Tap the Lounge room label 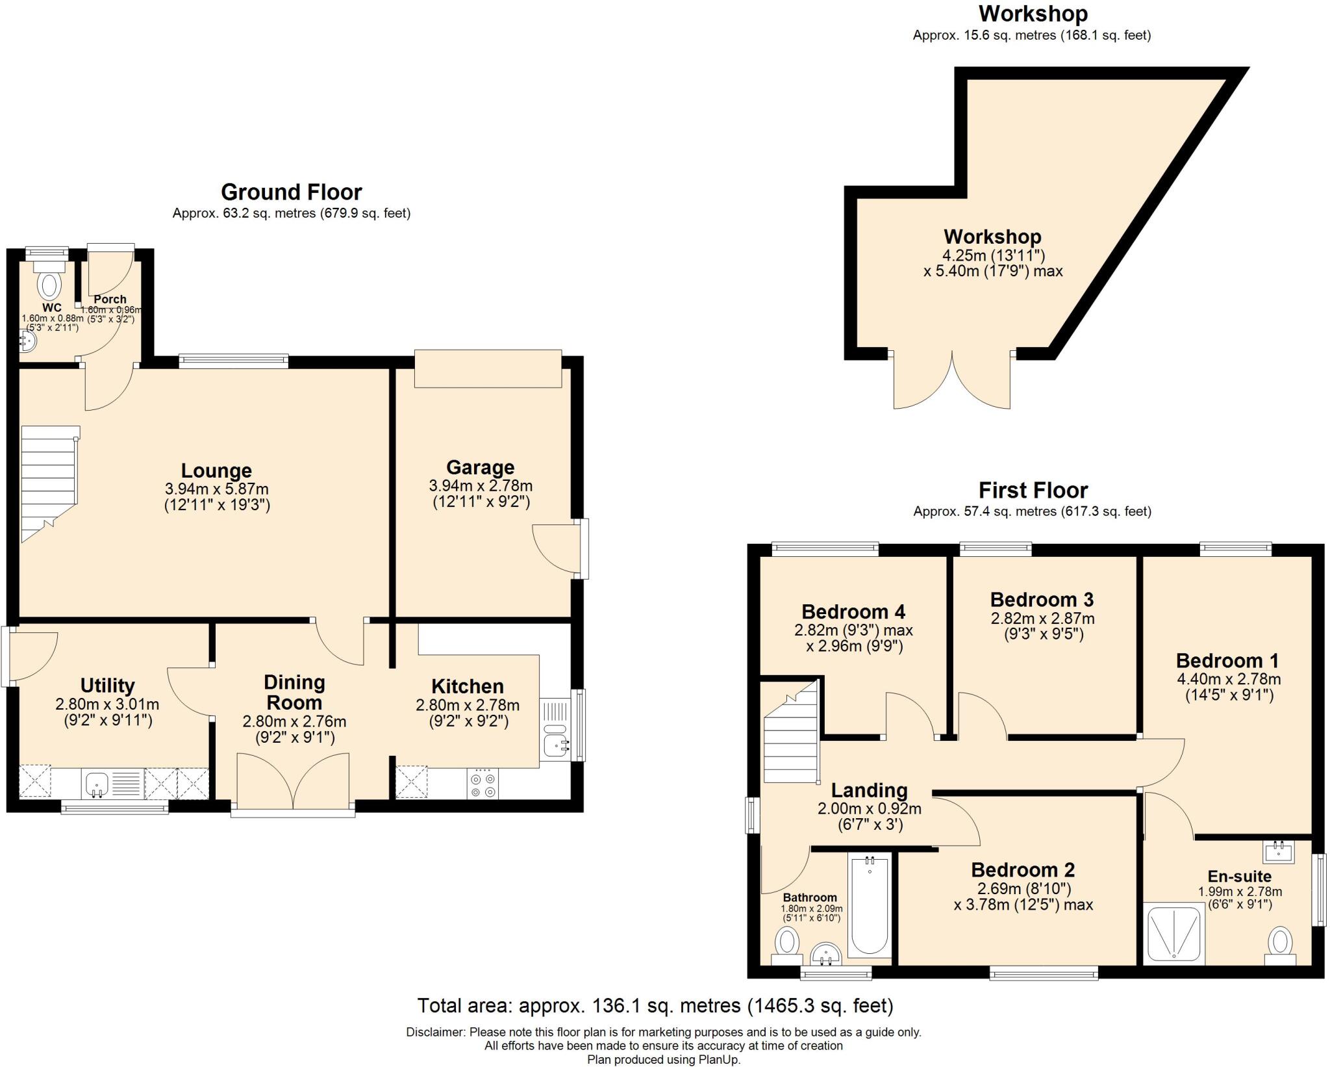point(216,470)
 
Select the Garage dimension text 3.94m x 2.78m point(481,485)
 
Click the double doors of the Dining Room point(294,782)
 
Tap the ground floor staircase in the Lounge point(49,481)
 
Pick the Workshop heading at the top point(1033,14)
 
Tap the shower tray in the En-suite point(1174,934)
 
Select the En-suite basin point(1278,852)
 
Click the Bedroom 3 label point(1042,599)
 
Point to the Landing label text point(869,790)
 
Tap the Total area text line point(655,1006)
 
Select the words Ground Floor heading point(291,192)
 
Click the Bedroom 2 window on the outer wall point(1044,973)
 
